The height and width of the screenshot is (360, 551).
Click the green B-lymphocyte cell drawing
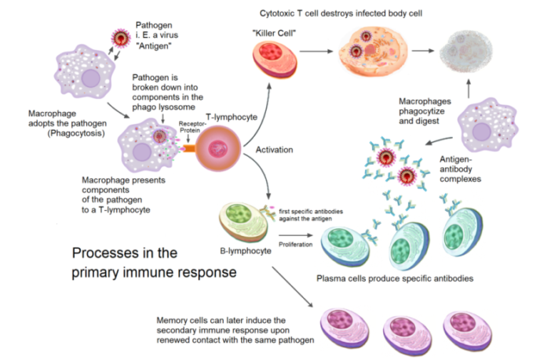coord(240,223)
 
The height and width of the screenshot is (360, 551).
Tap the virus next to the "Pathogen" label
coord(122,38)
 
